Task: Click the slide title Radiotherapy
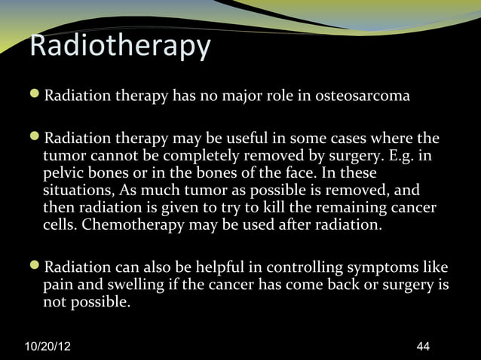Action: coord(119,47)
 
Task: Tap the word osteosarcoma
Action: coord(363,97)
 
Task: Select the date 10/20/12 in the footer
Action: coord(50,346)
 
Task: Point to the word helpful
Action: coord(219,268)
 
